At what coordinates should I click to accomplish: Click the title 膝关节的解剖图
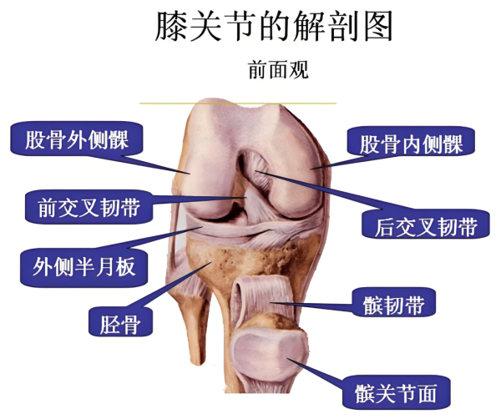click(274, 26)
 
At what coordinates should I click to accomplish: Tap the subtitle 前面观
click(278, 70)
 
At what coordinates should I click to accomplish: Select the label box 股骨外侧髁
click(77, 139)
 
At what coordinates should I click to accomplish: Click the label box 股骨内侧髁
click(411, 143)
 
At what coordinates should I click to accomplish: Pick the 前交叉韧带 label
click(89, 207)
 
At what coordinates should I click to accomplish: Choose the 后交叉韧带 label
click(426, 226)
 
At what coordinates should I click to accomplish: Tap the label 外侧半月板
click(83, 267)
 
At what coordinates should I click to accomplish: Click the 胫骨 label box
click(120, 321)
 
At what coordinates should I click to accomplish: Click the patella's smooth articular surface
click(269, 355)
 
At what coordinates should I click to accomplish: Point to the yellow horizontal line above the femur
click(238, 103)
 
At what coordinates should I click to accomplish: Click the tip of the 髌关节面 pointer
click(287, 359)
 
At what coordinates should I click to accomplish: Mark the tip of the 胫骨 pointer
click(211, 263)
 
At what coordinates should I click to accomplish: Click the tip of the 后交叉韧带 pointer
click(256, 171)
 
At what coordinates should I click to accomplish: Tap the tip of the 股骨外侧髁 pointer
click(190, 174)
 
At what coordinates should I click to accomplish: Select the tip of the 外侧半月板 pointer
click(202, 227)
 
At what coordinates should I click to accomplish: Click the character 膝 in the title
click(172, 26)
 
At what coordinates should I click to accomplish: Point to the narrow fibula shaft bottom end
click(198, 363)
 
